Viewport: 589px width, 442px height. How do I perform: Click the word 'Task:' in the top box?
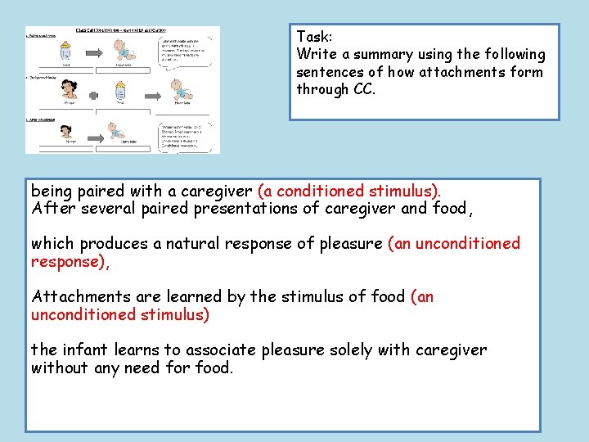pos(313,37)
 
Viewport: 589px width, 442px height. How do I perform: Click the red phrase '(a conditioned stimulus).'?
pos(349,191)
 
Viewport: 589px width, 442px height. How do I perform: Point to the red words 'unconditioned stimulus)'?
pos(120,314)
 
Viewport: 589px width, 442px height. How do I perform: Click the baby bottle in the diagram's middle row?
pos(121,91)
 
